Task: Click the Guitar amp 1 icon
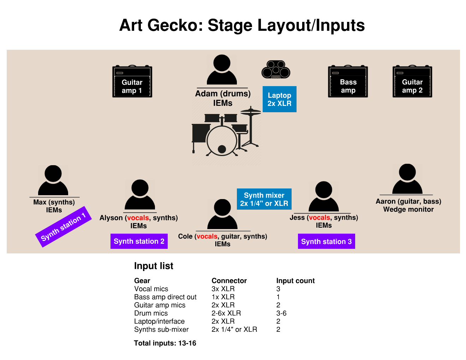[x=132, y=81]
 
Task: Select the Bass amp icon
[x=348, y=81]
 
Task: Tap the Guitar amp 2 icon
[x=412, y=81]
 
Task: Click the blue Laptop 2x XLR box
[x=280, y=99]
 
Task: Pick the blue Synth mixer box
[x=264, y=199]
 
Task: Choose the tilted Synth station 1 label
[x=64, y=227]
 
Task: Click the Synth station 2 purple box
[x=139, y=241]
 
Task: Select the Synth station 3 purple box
[x=327, y=241]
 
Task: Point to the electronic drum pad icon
[x=276, y=70]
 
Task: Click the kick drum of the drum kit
[x=222, y=141]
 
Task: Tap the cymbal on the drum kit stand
[x=251, y=112]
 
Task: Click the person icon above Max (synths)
[x=53, y=180]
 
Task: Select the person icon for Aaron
[x=407, y=179]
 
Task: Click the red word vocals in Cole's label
[x=207, y=236]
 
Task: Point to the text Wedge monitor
[x=408, y=209]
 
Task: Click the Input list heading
[x=154, y=266]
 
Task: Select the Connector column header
[x=229, y=281]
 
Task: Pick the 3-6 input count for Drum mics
[x=281, y=313]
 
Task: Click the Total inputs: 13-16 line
[x=165, y=343]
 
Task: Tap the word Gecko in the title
[x=175, y=25]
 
